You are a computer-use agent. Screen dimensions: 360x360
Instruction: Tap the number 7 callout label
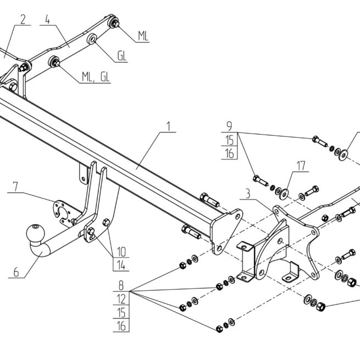tap(15, 187)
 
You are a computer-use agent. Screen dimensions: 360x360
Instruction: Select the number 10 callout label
tap(121, 252)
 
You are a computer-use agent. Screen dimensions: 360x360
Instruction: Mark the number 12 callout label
tap(121, 300)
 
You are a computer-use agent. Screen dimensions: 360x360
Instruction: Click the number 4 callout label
tap(48, 20)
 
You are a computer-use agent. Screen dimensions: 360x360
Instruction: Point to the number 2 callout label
tap(23, 20)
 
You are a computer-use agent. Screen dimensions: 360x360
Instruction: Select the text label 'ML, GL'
tap(96, 77)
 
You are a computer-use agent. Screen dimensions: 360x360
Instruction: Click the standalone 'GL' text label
tap(121, 56)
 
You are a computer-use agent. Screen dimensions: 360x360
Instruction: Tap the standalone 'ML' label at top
tap(143, 36)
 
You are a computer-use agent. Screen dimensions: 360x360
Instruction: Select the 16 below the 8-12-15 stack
tap(121, 326)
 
